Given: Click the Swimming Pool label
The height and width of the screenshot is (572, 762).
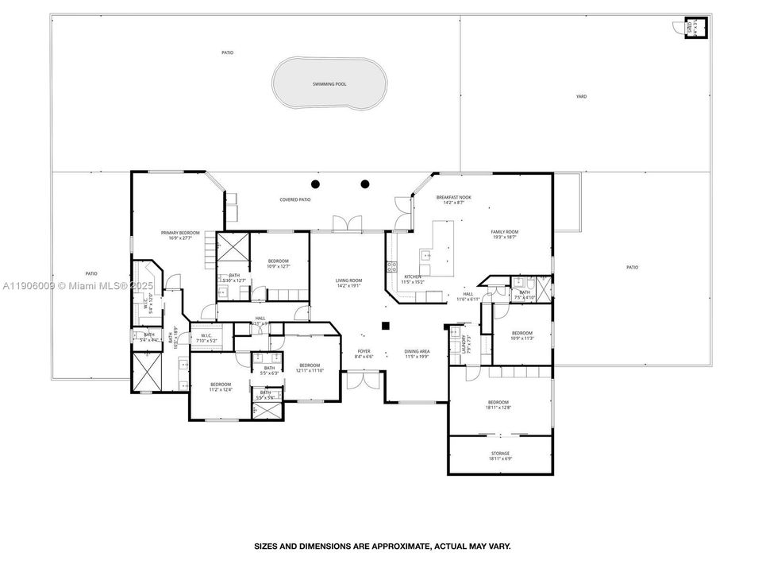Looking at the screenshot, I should pos(329,83).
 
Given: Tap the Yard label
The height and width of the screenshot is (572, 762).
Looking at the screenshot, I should pos(581,96).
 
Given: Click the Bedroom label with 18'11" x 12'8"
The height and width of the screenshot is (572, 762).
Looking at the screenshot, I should pos(499,405).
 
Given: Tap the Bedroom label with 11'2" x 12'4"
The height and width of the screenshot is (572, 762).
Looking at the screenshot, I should pos(220,386).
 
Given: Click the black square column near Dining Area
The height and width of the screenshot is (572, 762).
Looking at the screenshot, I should pos(386,325).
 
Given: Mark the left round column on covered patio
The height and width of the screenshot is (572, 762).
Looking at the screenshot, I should pos(315,184).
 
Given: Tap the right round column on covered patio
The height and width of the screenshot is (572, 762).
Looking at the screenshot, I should pos(365,184).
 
